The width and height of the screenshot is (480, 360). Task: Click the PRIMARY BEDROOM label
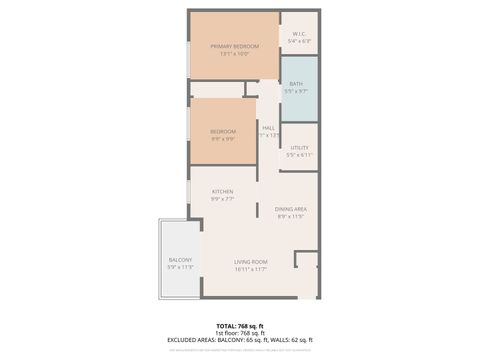coord(234,47)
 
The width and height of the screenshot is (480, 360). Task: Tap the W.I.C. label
coord(299,33)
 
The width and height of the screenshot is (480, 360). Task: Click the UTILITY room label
coord(299,147)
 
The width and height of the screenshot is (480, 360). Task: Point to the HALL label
coord(268,127)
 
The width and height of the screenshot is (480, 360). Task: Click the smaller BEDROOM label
coord(223,132)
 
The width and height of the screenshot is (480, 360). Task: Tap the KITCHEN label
coord(222,192)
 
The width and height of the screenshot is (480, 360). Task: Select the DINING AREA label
coord(291,208)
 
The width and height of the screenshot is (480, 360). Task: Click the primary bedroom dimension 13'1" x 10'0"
coord(234,55)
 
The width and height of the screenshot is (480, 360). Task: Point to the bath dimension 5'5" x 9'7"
coord(296,91)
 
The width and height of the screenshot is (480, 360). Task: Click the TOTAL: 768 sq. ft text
coord(240,326)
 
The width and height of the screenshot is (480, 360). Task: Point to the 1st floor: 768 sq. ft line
coord(240,333)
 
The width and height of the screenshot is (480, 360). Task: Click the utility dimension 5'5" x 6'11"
coord(299,155)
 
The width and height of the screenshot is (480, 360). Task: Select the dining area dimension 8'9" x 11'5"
coord(291,216)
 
